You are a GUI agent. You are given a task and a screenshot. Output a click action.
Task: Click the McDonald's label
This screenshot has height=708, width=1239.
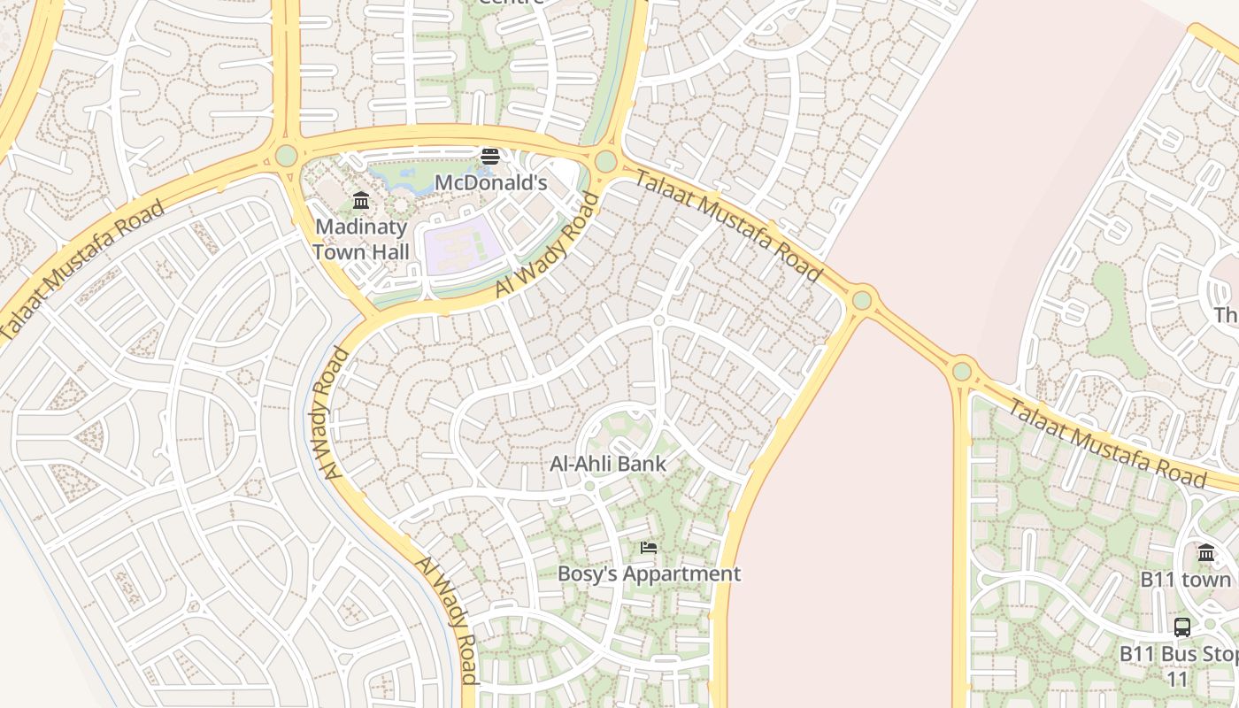pyautogui.click(x=490, y=183)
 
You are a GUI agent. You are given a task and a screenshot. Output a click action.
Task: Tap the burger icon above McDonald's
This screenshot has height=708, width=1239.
pyautogui.click(x=489, y=158)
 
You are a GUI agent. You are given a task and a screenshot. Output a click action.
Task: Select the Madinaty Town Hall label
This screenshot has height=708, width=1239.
pyautogui.click(x=361, y=239)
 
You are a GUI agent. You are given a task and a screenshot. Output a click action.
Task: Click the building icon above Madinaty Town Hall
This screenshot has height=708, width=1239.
pyautogui.click(x=360, y=201)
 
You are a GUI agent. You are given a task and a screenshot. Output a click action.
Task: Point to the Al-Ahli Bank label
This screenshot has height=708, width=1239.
pyautogui.click(x=608, y=464)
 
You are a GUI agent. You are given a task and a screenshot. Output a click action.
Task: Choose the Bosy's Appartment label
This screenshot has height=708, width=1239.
pyautogui.click(x=649, y=573)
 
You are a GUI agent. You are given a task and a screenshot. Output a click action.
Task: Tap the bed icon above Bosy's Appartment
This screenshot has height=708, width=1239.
pyautogui.click(x=649, y=548)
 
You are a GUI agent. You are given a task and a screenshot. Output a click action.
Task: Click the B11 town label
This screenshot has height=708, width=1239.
pyautogui.click(x=1185, y=580)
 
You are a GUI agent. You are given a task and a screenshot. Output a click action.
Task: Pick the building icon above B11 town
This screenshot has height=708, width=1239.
pyautogui.click(x=1206, y=553)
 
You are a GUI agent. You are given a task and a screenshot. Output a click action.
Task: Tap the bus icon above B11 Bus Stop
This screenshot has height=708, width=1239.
pyautogui.click(x=1181, y=627)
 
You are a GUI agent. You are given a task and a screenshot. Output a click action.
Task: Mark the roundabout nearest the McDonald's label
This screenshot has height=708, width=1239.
pyautogui.click(x=605, y=162)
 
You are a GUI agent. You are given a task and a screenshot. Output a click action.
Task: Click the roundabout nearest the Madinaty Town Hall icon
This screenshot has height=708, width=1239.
pyautogui.click(x=286, y=157)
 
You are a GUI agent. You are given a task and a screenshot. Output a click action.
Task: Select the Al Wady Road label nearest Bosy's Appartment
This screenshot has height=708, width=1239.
pyautogui.click(x=446, y=619)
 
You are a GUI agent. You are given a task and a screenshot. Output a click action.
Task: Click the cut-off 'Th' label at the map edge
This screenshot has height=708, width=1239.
pyautogui.click(x=1226, y=315)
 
